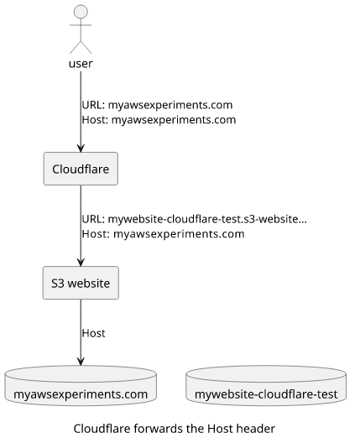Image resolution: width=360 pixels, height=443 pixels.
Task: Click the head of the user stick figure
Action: click(81, 12)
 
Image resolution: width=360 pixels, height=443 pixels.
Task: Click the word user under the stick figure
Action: click(81, 64)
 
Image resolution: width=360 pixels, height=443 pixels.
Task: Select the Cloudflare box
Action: click(81, 169)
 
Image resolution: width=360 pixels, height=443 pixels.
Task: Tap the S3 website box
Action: click(81, 283)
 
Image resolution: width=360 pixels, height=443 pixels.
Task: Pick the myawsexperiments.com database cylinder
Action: click(81, 386)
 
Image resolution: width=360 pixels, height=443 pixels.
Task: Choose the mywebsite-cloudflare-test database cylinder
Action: click(266, 386)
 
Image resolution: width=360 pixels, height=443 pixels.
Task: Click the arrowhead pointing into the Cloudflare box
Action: click(81, 149)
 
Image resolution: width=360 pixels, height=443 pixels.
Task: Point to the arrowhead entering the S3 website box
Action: click(81, 263)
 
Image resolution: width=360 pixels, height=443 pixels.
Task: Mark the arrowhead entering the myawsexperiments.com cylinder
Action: click(81, 362)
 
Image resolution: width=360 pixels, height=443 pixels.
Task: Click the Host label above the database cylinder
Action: click(93, 333)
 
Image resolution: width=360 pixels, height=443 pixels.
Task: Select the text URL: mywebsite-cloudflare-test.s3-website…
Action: click(194, 219)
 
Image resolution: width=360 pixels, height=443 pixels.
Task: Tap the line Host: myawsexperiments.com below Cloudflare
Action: click(163, 234)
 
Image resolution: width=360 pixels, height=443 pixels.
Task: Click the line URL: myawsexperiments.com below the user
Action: click(157, 105)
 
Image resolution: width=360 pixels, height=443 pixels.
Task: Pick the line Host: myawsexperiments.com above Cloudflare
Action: click(159, 120)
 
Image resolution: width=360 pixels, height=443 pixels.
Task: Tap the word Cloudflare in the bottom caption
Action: click(102, 429)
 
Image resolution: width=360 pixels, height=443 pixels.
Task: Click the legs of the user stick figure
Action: click(81, 47)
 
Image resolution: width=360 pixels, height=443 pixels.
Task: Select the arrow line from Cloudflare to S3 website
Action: click(81, 226)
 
